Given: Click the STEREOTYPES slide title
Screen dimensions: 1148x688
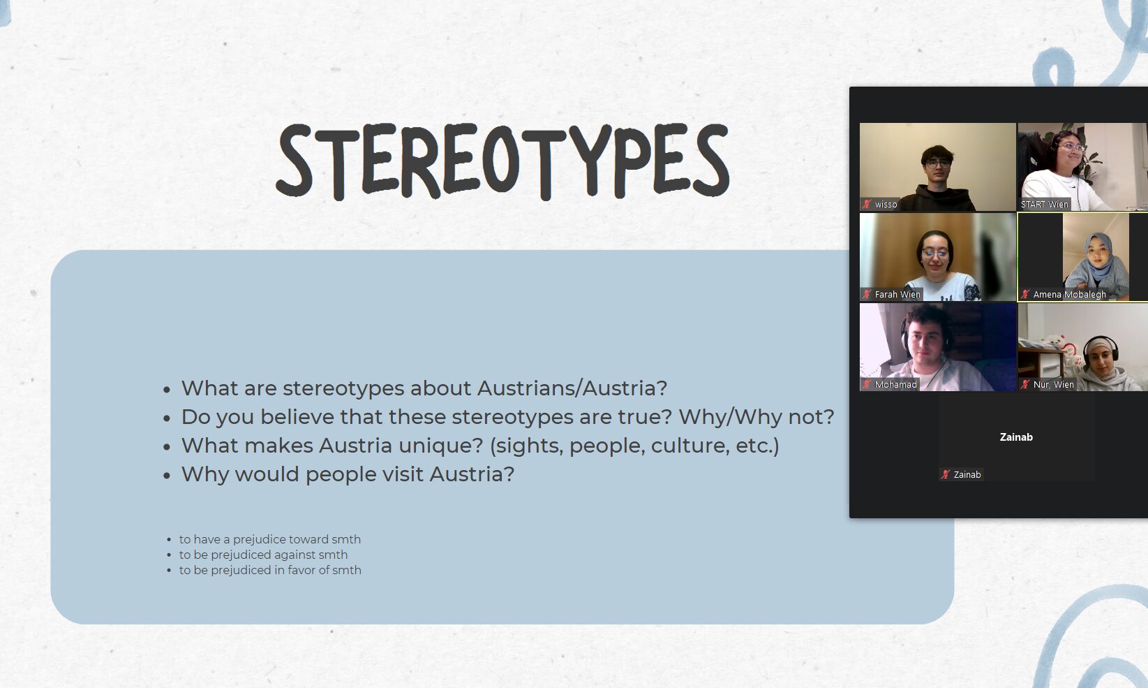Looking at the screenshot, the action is coord(502,161).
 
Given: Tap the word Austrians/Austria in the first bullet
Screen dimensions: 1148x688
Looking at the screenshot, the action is coord(572,388).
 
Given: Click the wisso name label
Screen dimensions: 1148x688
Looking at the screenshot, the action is coord(886,204).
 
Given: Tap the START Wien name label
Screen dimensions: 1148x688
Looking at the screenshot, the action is coord(1045,204).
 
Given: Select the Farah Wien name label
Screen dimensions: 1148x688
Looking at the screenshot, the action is coord(897,295).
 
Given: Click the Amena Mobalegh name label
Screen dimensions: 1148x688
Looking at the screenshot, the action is coord(1069,295).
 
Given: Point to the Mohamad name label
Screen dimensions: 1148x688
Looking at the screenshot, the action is coord(895,384).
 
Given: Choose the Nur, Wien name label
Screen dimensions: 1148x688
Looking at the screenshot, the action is coord(1053,384).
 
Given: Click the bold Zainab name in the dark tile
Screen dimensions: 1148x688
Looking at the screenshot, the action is coord(1016,437).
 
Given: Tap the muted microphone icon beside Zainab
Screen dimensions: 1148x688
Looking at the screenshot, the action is coord(945,474).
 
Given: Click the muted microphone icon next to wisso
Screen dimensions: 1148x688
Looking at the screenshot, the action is coord(866,204).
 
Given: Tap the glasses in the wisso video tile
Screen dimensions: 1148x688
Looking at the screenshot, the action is coord(938,163).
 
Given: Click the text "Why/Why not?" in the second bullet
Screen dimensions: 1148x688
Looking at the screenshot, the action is coord(756,417).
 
